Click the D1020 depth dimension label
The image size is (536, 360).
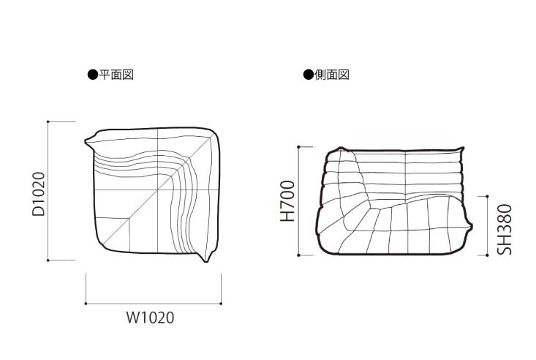pos(38,194)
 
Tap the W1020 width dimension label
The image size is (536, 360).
pos(151,318)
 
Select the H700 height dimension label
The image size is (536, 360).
pos(287,201)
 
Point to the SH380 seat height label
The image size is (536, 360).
pos(505,230)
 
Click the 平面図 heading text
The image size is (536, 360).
pos(116,75)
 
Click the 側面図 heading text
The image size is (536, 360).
pos(332,75)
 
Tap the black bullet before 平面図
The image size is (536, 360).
pos(93,75)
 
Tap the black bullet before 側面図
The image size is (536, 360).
pos(309,75)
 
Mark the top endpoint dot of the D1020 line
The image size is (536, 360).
pos(48,121)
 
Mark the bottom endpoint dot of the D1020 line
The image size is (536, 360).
pos(48,260)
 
